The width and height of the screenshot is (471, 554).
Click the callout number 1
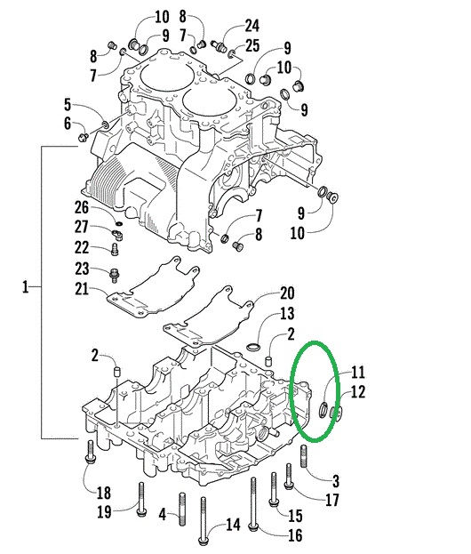[x=26, y=287]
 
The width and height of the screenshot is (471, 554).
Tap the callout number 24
[x=252, y=25]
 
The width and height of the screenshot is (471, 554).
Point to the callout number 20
[x=287, y=293]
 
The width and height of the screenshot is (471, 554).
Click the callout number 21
[x=67, y=104]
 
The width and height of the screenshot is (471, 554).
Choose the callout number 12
[x=356, y=391]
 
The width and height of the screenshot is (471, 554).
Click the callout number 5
[x=67, y=104]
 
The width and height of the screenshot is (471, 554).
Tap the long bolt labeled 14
[x=203, y=519]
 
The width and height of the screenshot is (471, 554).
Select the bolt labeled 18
[x=91, y=453]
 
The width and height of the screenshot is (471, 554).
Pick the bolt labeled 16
[x=254, y=507]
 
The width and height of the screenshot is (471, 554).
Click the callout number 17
[x=331, y=501]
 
